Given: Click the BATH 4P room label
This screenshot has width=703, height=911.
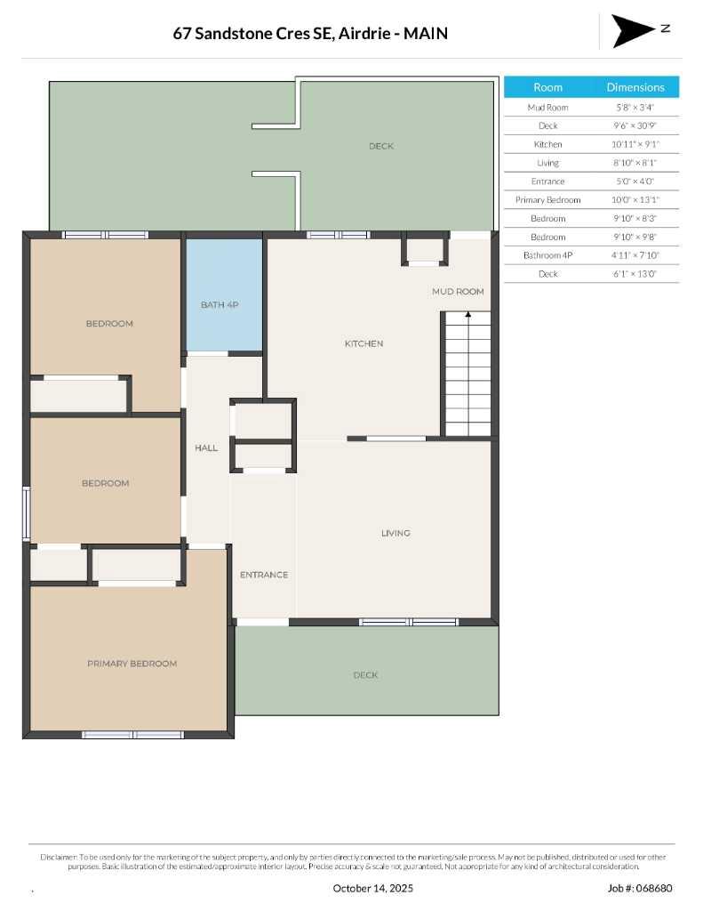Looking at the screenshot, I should click(220, 305).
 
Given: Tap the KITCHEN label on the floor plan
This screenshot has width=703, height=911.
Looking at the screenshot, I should click(364, 343).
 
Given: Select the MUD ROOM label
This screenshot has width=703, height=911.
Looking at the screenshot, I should click(458, 291).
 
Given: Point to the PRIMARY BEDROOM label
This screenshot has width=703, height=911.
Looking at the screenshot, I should click(132, 664).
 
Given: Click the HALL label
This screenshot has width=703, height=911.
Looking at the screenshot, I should click(206, 447).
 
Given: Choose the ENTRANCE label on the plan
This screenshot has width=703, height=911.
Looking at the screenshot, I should click(264, 575).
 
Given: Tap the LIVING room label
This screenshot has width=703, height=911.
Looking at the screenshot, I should click(395, 533).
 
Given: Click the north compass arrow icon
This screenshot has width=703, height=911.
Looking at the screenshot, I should click(632, 31).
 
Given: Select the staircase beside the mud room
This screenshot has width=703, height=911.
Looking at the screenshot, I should click(467, 374).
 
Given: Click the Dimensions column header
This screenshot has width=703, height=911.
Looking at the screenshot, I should click(635, 87).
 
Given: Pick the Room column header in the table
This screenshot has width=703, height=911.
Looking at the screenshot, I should click(547, 87).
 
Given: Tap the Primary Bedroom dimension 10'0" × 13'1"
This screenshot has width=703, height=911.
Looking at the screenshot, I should click(635, 200).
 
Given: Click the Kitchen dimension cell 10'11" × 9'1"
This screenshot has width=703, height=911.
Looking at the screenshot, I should click(635, 144).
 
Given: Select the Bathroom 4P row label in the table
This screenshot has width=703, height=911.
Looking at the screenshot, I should click(547, 255).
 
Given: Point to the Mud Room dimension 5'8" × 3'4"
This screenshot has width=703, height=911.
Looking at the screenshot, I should click(635, 108).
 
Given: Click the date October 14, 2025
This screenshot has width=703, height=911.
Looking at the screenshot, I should click(372, 888).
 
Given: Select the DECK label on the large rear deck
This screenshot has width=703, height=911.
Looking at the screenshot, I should click(381, 146).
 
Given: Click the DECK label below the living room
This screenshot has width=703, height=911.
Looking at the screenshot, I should click(365, 675).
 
